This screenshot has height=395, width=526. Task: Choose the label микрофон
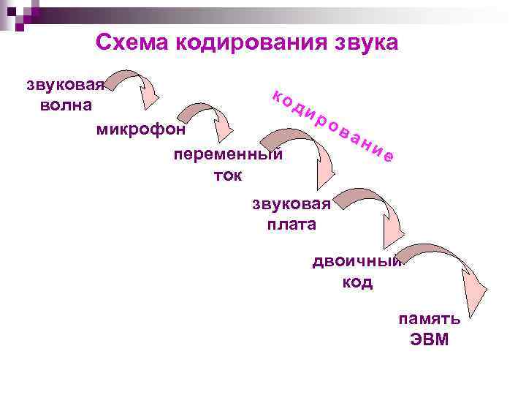[x=141, y=130]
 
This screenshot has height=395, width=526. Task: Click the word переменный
[x=227, y=155]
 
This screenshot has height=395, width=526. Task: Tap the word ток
[x=227, y=175]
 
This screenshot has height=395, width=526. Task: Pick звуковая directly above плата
[x=291, y=203]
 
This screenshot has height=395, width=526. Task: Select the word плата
[x=291, y=224]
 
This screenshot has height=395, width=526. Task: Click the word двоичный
[x=357, y=262]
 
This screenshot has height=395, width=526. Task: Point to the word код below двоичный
[x=357, y=282]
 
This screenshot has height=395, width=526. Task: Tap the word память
[x=429, y=319]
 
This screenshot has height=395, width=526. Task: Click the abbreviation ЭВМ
[x=429, y=339]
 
